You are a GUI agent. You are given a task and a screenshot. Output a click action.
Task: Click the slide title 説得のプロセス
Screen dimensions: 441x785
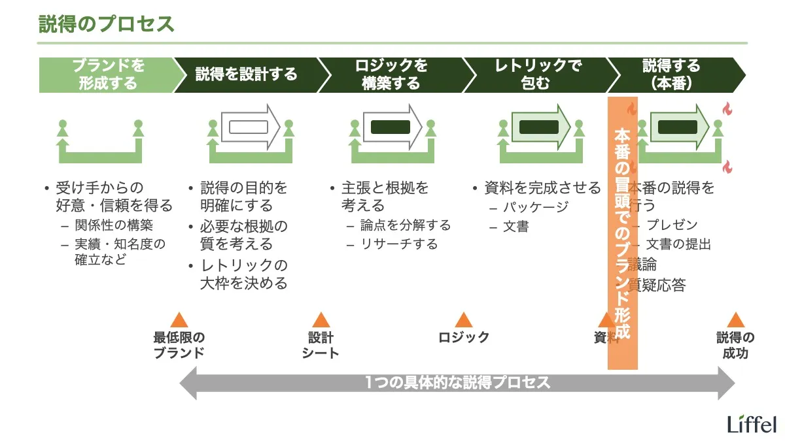point(107,24)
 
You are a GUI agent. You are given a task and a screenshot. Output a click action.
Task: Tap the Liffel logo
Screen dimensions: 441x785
point(752,423)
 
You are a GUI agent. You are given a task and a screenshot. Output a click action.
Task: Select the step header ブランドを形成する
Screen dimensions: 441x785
point(108,75)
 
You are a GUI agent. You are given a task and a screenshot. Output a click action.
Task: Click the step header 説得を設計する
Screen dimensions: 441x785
point(246,75)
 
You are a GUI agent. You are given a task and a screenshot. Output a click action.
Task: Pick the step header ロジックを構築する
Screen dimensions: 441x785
point(391,75)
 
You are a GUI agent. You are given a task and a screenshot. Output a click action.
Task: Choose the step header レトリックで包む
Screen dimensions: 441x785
point(536,75)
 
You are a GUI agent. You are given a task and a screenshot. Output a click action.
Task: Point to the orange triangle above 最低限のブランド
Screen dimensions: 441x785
point(179,320)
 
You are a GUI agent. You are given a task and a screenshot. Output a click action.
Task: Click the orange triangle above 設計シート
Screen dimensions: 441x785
point(321,320)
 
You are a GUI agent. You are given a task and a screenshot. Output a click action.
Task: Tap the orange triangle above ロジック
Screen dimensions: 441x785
point(463,320)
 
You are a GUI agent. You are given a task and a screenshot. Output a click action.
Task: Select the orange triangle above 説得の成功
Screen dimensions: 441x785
point(735,320)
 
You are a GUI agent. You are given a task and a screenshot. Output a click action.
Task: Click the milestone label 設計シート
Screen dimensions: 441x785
point(321,345)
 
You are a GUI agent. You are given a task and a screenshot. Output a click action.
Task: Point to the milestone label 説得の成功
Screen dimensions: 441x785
point(735,345)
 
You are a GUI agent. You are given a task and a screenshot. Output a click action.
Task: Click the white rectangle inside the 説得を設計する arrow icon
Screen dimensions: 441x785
point(245,127)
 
